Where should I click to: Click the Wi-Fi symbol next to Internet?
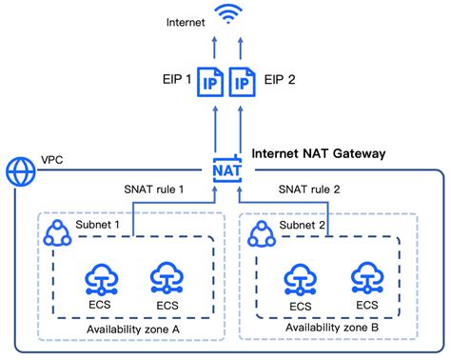coord(226,15)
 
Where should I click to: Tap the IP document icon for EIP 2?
coord(243,85)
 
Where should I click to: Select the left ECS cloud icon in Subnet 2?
coord(301,278)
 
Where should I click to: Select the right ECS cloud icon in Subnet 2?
coord(366,278)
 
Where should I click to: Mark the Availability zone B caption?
coord(330,329)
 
